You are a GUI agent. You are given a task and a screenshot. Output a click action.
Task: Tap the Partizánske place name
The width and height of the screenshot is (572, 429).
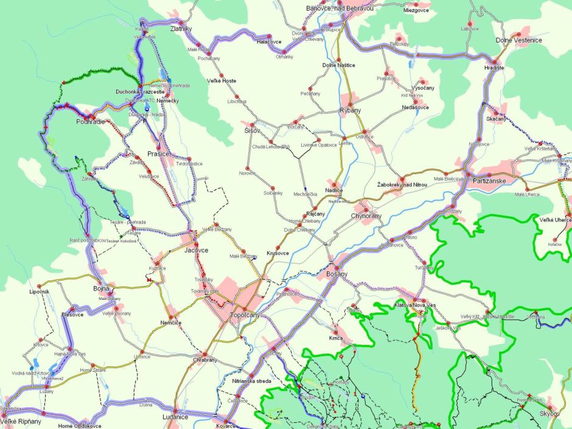[490, 180]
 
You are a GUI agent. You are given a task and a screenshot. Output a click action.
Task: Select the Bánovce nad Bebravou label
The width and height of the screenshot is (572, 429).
[340, 9]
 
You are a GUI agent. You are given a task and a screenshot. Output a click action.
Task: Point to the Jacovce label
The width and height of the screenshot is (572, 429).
[197, 250]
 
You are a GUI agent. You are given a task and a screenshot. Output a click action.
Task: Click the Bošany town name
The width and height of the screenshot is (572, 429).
[337, 274]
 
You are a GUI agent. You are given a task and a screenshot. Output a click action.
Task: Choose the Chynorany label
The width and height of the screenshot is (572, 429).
[366, 216]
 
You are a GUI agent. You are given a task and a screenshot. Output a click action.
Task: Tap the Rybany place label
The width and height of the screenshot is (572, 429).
[351, 110]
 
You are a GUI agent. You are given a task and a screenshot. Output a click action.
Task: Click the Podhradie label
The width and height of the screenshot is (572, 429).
[91, 122]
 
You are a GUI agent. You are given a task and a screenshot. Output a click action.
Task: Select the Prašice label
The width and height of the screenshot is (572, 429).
[159, 154]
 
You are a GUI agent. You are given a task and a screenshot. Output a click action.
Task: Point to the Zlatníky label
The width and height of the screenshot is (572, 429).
[181, 29]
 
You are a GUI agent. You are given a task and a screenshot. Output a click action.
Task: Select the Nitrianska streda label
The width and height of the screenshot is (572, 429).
[251, 381]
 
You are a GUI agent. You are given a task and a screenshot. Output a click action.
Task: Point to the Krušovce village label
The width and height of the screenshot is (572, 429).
[278, 253]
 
